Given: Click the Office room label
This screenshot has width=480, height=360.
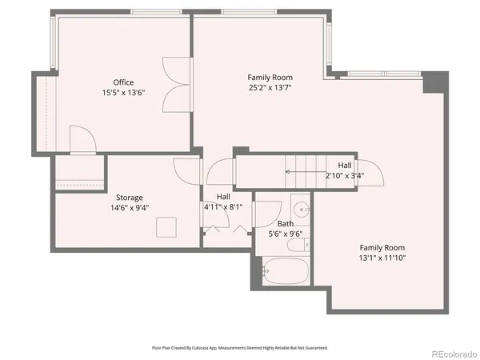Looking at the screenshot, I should click(123, 82).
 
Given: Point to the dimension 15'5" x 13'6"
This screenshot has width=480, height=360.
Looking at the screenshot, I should click(123, 93).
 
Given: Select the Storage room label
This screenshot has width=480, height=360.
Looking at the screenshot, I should click(129, 198).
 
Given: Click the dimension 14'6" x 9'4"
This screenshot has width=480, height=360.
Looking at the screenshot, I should click(129, 208).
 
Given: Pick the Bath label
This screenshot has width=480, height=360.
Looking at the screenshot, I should click(286, 224).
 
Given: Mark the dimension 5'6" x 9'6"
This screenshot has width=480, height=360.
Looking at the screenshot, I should click(286, 234).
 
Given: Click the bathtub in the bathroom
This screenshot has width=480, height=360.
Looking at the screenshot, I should click(286, 272).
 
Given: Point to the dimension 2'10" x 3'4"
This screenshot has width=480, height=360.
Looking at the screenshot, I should click(345, 175).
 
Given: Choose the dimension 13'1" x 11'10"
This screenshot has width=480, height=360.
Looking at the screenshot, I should click(382, 258).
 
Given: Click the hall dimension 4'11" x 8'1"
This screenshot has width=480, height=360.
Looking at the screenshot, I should click(222, 206).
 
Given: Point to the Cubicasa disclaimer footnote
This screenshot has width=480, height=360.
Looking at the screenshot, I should click(240, 348).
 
